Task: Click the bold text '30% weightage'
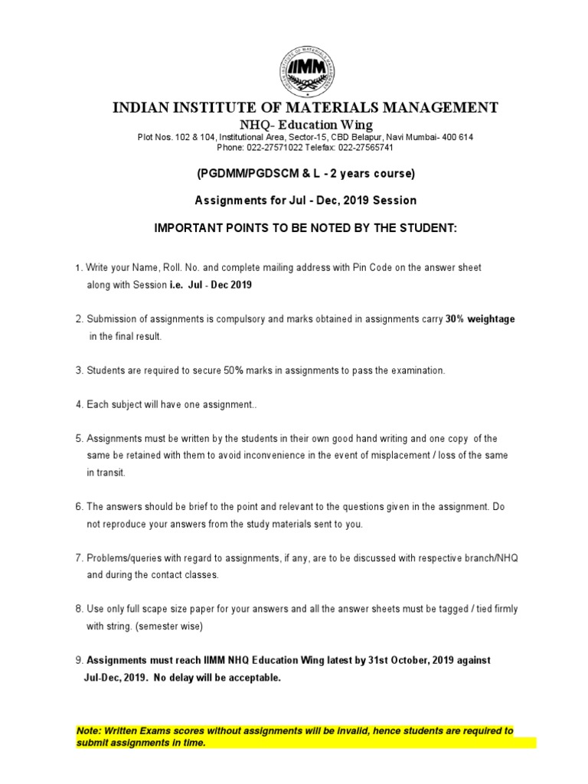(x=480, y=319)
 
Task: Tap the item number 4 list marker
(x=78, y=404)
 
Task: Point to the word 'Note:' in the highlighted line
(x=90, y=730)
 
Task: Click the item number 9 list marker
(x=78, y=659)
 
